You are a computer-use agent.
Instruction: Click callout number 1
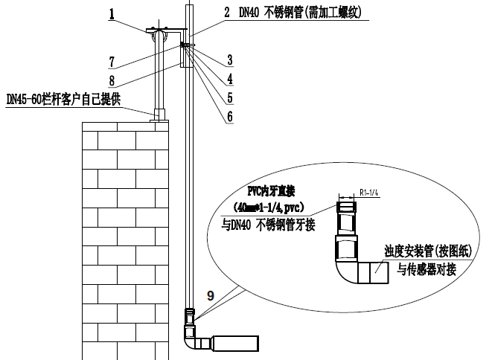[x=111, y=13]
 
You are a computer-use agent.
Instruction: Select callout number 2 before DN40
[x=226, y=13]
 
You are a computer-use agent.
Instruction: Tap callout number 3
[x=230, y=59]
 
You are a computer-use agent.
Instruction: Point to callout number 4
[x=230, y=77]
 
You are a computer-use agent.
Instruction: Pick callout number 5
[x=230, y=97]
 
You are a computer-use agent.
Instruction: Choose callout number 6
[x=230, y=116]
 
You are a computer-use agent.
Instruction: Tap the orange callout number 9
[x=211, y=295]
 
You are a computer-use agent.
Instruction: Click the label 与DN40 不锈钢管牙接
[x=270, y=223]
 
